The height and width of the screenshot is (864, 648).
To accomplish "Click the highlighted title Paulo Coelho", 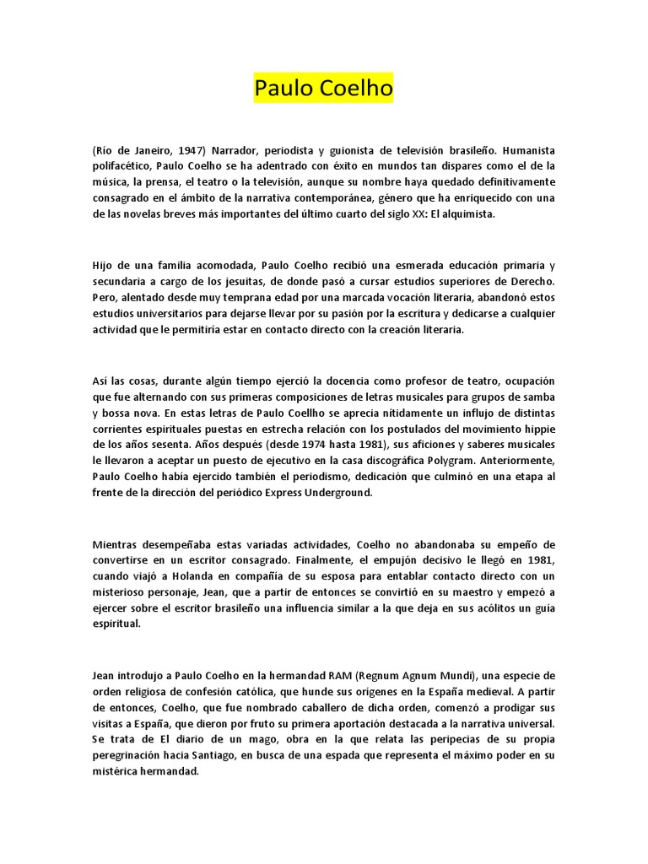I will coord(324,89).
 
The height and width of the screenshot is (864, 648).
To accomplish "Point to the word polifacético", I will coord(123,165).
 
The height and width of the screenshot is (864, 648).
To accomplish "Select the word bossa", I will coord(119,413).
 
